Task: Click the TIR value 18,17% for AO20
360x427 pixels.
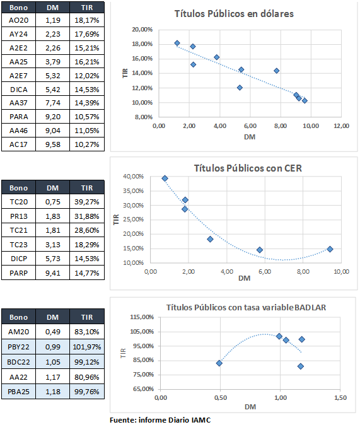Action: click(x=87, y=20)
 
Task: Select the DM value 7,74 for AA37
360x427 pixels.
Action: click(x=53, y=103)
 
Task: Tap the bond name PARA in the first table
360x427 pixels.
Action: click(x=18, y=117)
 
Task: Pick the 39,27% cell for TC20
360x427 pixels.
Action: click(x=87, y=202)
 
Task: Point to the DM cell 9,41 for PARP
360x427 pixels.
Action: click(x=53, y=273)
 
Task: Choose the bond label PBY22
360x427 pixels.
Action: click(x=18, y=347)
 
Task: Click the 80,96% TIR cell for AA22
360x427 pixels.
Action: click(x=87, y=377)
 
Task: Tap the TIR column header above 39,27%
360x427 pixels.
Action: click(x=87, y=188)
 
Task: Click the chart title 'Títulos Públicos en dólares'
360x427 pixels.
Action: click(x=234, y=14)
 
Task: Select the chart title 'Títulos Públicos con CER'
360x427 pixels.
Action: click(x=248, y=168)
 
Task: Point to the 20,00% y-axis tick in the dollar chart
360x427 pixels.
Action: click(x=142, y=30)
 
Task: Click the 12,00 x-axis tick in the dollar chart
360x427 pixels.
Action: click(x=342, y=126)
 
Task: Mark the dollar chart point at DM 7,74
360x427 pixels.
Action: click(x=276, y=71)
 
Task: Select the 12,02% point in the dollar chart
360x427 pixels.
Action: click(x=240, y=88)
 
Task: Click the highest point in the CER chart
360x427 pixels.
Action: click(x=165, y=178)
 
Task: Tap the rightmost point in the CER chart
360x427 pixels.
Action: click(x=330, y=249)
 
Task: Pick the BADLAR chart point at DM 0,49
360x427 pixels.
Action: click(x=219, y=363)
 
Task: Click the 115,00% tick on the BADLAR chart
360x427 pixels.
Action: click(x=142, y=317)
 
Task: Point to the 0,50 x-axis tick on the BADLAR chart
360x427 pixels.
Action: click(x=221, y=397)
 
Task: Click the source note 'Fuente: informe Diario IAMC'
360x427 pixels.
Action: click(x=160, y=420)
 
